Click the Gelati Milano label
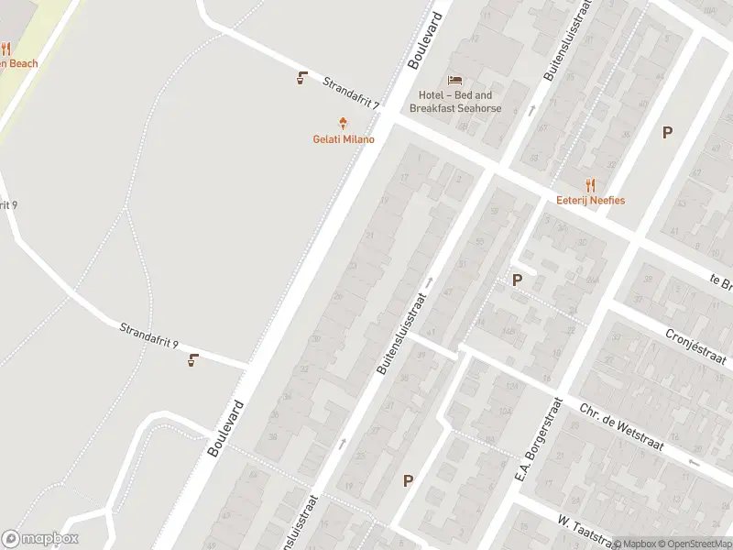pos(344,139)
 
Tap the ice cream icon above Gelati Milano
pos(344,122)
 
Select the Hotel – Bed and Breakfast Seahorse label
pos(455,102)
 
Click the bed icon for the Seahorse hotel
pos(455,79)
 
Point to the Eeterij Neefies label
pos(590,200)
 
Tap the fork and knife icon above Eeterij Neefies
pos(590,183)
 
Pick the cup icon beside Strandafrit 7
pos(301,78)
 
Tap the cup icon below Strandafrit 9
pos(192,360)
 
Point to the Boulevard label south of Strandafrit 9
pos(225,428)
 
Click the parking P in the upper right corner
pos(667,132)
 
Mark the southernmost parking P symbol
pos(408,479)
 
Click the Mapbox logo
pos(40,539)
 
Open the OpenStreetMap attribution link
pos(693,544)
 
